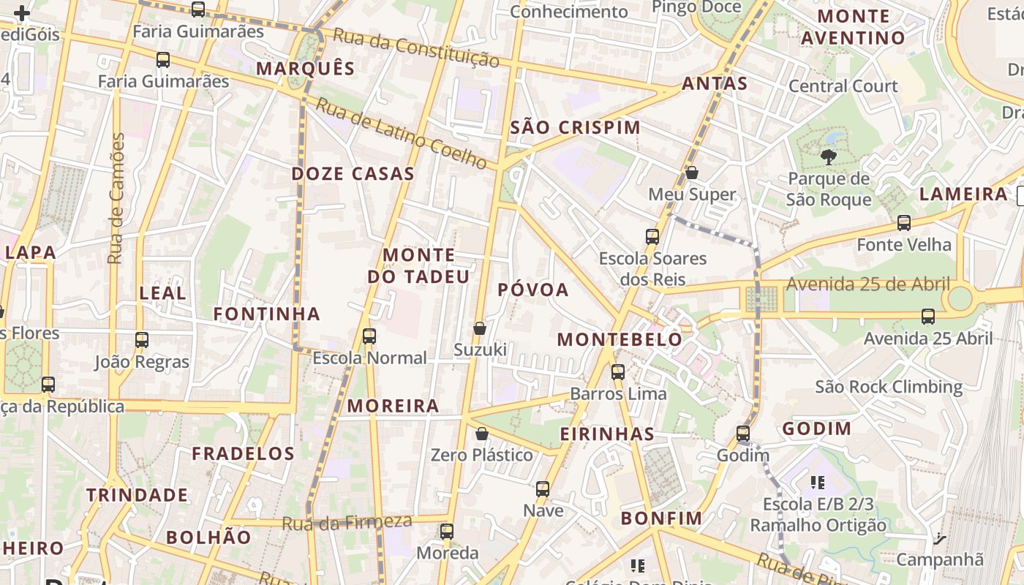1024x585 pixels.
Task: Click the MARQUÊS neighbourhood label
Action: [306, 69]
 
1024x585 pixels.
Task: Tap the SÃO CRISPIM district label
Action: [575, 127]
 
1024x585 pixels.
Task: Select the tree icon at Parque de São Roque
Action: [829, 156]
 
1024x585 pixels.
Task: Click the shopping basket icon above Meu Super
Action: [692, 173]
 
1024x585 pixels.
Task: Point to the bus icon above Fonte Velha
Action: [904, 223]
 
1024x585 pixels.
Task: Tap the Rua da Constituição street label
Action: [416, 48]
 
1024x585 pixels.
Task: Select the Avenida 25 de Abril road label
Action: [867, 284]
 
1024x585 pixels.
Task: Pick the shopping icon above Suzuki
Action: [480, 328]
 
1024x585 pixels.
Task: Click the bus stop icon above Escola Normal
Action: [369, 336]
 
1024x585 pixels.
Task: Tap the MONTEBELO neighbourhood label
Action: [620, 339]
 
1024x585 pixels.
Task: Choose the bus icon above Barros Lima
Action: [618, 372]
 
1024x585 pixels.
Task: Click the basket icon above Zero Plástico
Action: [481, 434]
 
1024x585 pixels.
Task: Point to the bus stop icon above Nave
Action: [543, 488]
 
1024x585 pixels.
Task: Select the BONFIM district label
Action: [661, 518]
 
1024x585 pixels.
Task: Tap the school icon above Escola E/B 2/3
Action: [818, 483]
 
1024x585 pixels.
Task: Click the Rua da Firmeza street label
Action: [347, 523]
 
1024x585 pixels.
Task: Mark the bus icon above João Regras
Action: [142, 340]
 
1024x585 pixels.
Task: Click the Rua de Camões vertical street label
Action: [116, 198]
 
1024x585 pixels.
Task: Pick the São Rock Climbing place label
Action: [889, 387]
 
